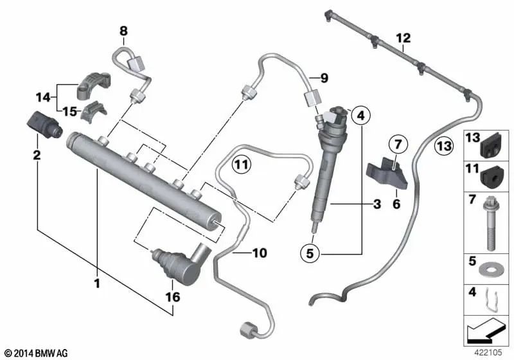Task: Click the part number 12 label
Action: (x=403, y=38)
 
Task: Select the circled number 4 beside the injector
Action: (x=361, y=116)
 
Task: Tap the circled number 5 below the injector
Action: (x=310, y=254)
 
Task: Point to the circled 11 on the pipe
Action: (x=240, y=165)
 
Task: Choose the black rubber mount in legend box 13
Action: (x=492, y=147)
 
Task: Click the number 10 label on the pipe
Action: (x=259, y=253)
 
